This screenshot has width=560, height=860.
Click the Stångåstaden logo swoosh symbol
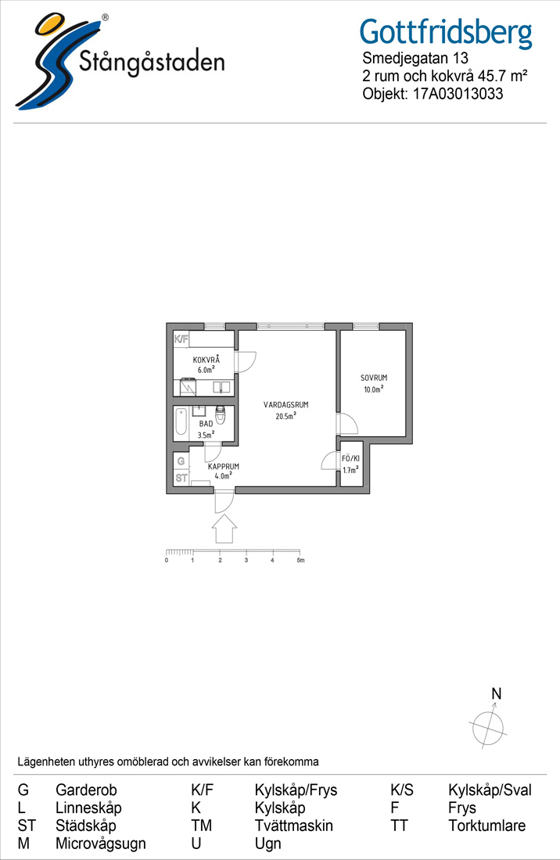click(52, 62)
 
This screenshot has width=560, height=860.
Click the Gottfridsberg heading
click(446, 32)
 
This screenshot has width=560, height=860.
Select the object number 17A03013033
click(458, 94)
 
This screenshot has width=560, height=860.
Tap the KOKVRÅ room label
click(206, 360)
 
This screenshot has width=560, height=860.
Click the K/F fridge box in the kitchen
click(181, 339)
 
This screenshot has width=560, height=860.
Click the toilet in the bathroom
click(221, 414)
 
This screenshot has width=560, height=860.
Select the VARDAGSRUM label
click(285, 405)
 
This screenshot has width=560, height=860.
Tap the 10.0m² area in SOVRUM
click(374, 389)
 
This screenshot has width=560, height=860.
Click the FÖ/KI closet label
click(351, 458)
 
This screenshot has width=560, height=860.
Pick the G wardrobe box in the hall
click(181, 461)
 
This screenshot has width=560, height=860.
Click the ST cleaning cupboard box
click(181, 478)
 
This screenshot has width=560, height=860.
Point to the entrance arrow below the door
click(224, 531)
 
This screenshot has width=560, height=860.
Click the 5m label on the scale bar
click(300, 561)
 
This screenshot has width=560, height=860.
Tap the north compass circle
click(487, 728)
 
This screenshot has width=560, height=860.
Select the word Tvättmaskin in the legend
click(294, 826)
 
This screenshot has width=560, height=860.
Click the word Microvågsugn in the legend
click(101, 844)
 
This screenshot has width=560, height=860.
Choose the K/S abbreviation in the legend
click(401, 790)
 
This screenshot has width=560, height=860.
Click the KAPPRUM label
click(223, 467)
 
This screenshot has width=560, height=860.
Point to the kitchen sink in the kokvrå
click(221, 387)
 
